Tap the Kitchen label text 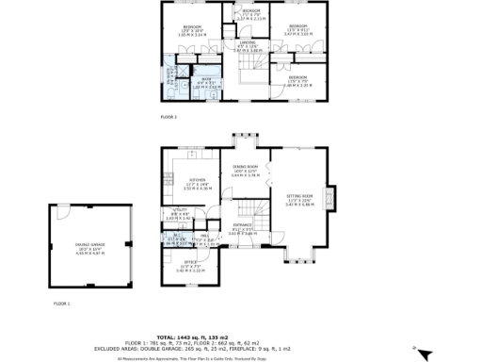pyautogui.click(x=197, y=183)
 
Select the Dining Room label pyautogui.click(x=247, y=171)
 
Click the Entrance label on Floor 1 pyautogui.click(x=243, y=227)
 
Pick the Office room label pyautogui.click(x=190, y=268)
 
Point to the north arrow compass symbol pyautogui.click(x=423, y=354)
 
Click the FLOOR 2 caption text pyautogui.click(x=169, y=116)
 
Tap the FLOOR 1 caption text pyautogui.click(x=62, y=304)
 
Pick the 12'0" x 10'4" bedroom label pyautogui.click(x=192, y=29)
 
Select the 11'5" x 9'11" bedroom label pyautogui.click(x=298, y=29)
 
